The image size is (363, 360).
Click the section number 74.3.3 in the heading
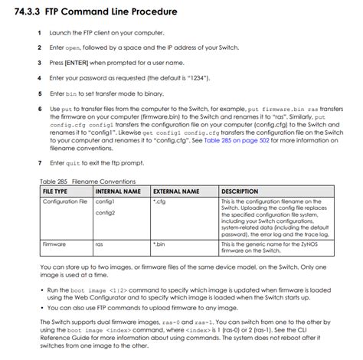28,11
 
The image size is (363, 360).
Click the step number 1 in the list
39,33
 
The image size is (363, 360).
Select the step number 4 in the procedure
39,77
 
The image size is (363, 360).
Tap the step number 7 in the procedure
39,163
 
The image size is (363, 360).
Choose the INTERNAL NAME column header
118,191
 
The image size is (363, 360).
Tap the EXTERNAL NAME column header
176,191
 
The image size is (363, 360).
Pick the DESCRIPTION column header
240,191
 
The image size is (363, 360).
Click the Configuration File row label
65,201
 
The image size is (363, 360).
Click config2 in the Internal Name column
105,212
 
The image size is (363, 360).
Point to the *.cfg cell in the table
159,201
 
